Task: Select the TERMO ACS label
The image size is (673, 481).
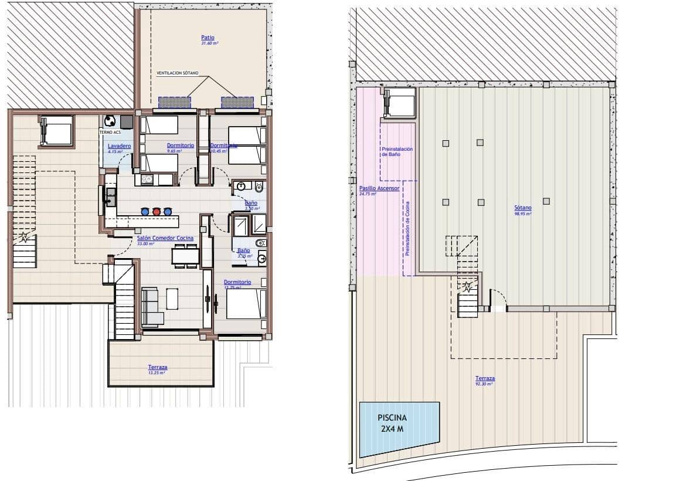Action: pyautogui.click(x=109, y=133)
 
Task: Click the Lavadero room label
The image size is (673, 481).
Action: pyautogui.click(x=119, y=145)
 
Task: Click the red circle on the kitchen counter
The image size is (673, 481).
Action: pyautogui.click(x=157, y=211)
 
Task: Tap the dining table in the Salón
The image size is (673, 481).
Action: pyautogui.click(x=185, y=256)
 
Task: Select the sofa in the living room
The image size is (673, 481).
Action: pyautogui.click(x=151, y=306)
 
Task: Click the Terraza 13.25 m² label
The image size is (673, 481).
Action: pyautogui.click(x=157, y=368)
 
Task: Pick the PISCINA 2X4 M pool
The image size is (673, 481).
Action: pyautogui.click(x=399, y=428)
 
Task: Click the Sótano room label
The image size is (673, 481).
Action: pyautogui.click(x=523, y=208)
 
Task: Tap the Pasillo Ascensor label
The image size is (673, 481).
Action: pyautogui.click(x=379, y=188)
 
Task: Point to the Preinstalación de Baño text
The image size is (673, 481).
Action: pyautogui.click(x=397, y=151)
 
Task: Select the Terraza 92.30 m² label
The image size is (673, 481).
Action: pyautogui.click(x=485, y=379)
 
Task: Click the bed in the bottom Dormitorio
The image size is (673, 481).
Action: pyautogui.click(x=245, y=304)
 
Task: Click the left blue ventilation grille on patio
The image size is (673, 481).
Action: pyautogui.click(x=175, y=102)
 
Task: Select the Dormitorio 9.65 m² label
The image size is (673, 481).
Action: pyautogui.click(x=181, y=145)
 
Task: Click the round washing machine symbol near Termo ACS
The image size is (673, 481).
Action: pyautogui.click(x=110, y=121)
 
